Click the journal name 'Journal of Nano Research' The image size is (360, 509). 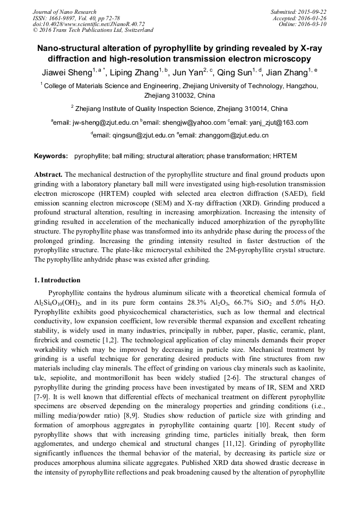[x=65, y=12]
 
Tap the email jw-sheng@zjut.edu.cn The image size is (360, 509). [x=105, y=123]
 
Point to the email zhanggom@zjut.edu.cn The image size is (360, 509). [x=234, y=135]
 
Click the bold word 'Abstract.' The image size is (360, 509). [x=48, y=175]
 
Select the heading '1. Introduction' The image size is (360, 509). [x=57, y=280]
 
